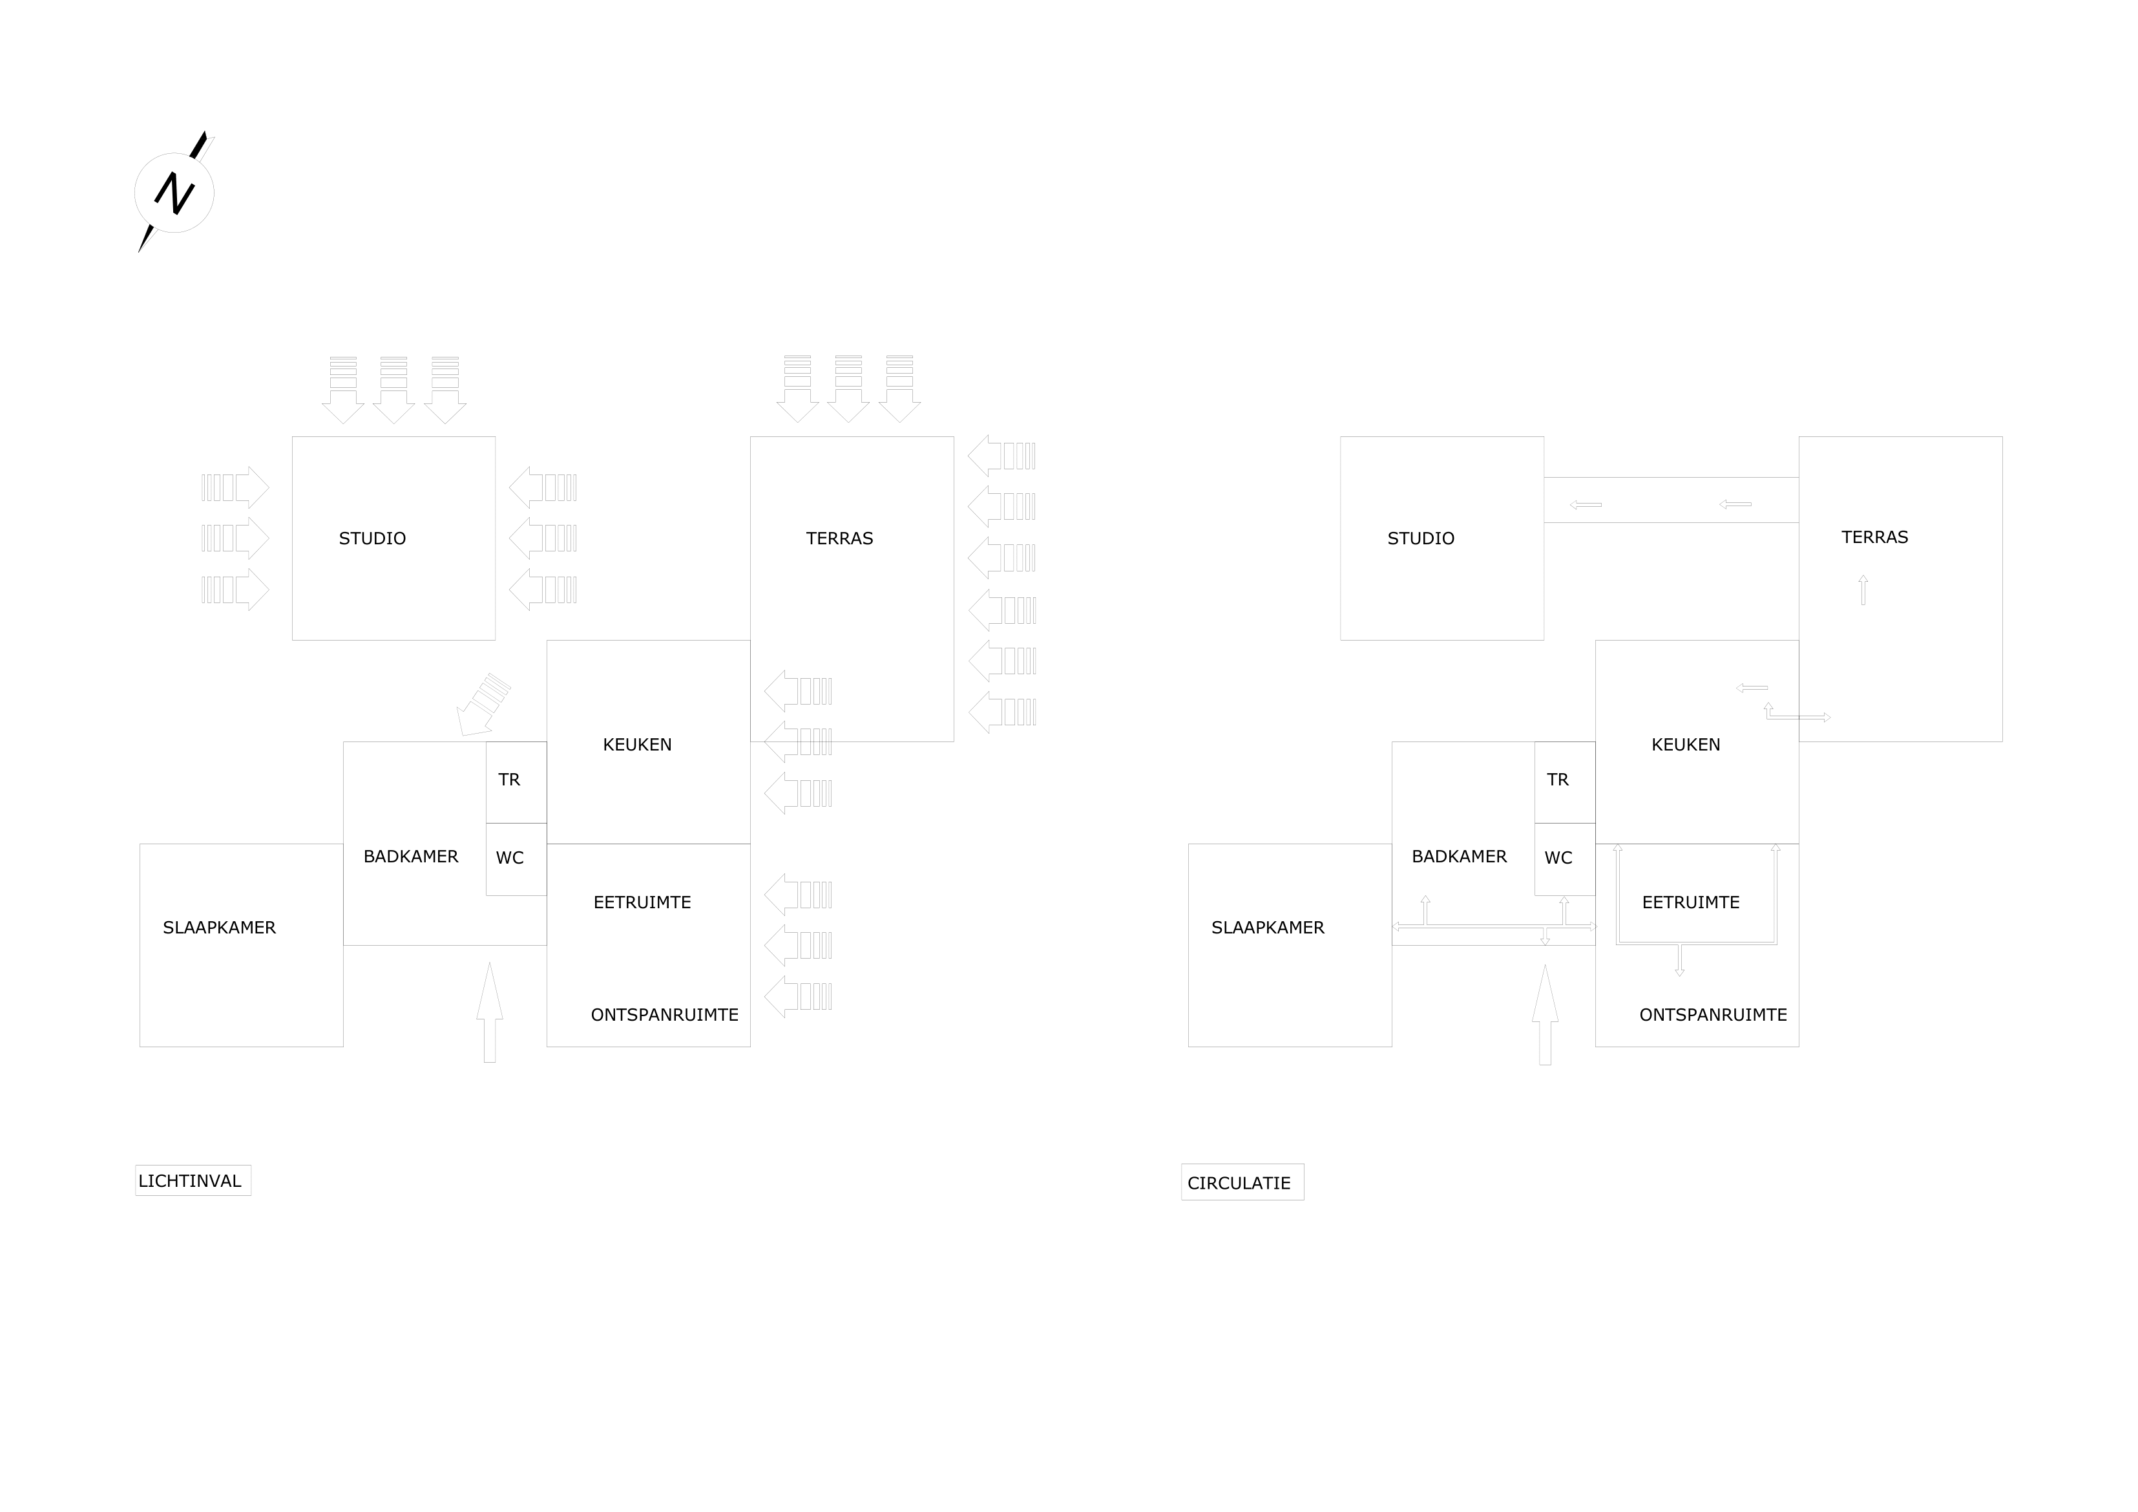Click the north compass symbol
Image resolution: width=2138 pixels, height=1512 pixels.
click(175, 192)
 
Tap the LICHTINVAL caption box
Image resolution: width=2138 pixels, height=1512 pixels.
click(193, 1180)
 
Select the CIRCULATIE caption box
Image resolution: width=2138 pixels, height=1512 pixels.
click(1242, 1182)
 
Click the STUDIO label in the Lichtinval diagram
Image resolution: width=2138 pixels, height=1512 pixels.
click(372, 538)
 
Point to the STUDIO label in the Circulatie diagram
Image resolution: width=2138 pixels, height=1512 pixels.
click(1421, 538)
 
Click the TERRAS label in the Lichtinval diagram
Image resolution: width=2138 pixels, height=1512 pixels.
click(840, 538)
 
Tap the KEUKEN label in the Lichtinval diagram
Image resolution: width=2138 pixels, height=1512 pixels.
click(637, 744)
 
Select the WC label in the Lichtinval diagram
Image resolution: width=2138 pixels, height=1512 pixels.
click(509, 858)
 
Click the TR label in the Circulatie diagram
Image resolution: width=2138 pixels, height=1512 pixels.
click(1558, 780)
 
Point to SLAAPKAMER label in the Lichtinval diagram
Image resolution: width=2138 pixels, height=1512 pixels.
click(219, 928)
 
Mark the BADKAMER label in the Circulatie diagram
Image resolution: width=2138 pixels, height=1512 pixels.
click(1459, 856)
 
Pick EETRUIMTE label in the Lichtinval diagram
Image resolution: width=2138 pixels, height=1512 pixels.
click(642, 902)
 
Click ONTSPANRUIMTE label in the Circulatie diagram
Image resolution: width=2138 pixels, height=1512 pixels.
click(1714, 1014)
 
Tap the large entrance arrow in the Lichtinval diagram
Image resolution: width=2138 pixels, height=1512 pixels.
click(490, 1013)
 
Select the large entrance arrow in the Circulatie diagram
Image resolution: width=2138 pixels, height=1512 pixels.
click(1545, 1014)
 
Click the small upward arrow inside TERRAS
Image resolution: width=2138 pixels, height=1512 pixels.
click(1863, 590)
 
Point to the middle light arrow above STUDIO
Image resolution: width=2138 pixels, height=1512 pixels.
click(394, 390)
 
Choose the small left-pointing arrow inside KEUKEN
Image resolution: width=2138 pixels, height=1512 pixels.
click(1752, 688)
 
